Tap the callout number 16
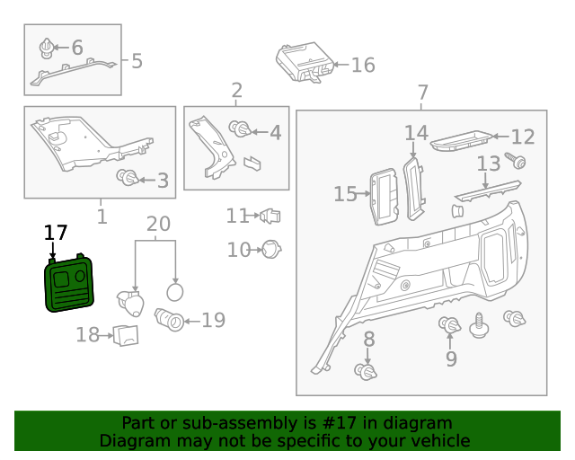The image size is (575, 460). pos(362,65)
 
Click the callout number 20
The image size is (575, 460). pos(157,224)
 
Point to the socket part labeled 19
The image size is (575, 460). pos(171,319)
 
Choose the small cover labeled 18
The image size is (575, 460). pos(127,335)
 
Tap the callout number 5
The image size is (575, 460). pos(137,61)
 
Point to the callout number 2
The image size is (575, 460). pos(236,90)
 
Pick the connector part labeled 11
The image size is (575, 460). pos(270,216)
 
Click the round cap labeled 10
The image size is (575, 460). pos(272,249)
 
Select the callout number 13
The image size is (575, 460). pos(488,164)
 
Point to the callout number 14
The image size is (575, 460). pos(415,133)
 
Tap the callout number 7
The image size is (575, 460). pos(422,92)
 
